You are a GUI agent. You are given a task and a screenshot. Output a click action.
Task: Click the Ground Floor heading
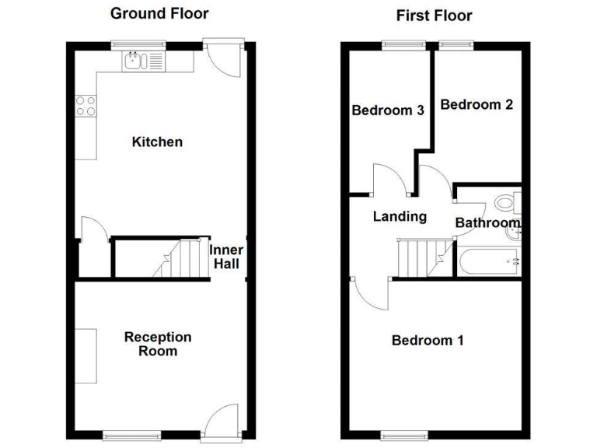[159, 13]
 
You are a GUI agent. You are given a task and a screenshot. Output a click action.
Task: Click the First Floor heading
[434, 15]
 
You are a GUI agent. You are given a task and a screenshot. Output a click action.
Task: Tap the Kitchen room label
[157, 142]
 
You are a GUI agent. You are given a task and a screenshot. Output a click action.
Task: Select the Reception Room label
[157, 344]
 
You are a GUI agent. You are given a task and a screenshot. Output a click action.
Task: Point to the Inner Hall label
[226, 257]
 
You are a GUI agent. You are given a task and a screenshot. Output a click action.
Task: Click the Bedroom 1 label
[428, 340]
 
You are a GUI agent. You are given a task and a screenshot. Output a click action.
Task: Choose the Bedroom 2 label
[477, 104]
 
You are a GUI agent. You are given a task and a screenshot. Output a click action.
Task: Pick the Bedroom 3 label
[387, 110]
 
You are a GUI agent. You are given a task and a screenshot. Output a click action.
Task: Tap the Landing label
[400, 216]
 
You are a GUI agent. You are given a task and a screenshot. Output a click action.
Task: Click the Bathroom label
[487, 223]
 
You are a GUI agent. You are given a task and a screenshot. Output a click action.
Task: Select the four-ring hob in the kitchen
[86, 106]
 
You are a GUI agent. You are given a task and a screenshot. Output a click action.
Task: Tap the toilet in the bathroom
[507, 203]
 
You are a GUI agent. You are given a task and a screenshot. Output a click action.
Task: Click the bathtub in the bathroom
[487, 261]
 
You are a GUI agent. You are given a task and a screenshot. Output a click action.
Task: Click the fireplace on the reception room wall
[86, 355]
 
